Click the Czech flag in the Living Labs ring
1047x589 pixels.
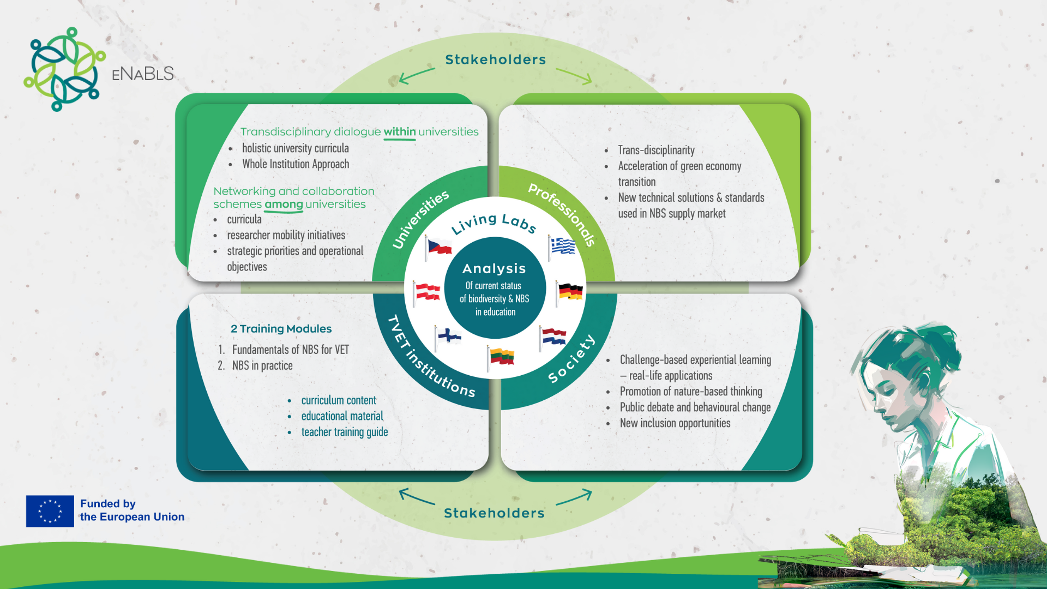pos(439,248)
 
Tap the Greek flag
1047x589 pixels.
pos(562,247)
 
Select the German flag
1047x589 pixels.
pos(569,292)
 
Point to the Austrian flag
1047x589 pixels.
pos(426,292)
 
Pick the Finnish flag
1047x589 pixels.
pos(448,336)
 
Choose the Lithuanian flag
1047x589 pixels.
pos(501,358)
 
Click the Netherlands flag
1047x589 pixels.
pos(553,336)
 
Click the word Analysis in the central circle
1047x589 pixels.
pos(494,269)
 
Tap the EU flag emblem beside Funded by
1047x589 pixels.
pos(50,511)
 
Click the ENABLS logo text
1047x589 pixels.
pos(143,74)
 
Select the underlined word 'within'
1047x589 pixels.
pos(400,132)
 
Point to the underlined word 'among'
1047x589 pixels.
pos(284,205)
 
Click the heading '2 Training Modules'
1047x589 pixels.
pos(281,329)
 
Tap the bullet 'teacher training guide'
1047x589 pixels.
pos(345,432)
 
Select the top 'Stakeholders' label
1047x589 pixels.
pos(495,59)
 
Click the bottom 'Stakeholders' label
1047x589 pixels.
pos(494,513)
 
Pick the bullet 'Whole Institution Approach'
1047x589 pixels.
pos(296,164)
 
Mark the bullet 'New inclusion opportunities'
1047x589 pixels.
pos(675,423)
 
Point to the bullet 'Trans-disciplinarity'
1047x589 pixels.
pos(657,150)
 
